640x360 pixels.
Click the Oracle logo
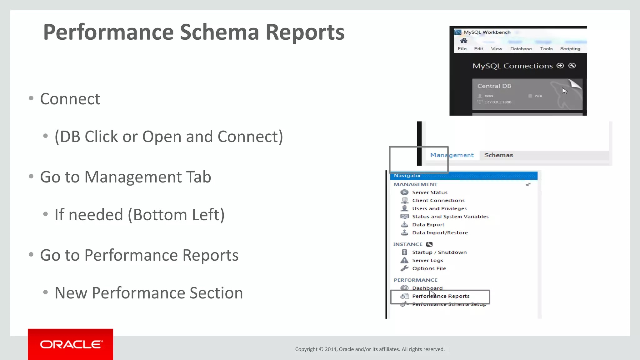(x=71, y=344)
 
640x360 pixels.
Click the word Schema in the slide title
(x=219, y=32)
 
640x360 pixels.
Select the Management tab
(x=452, y=155)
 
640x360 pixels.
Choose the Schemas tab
(x=498, y=155)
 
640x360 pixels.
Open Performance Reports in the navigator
(x=440, y=296)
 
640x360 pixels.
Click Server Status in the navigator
(x=429, y=192)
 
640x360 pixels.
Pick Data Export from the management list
(x=428, y=225)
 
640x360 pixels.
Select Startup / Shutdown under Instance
(x=439, y=252)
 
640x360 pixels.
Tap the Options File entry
(x=429, y=268)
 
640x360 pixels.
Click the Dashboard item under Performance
(x=427, y=288)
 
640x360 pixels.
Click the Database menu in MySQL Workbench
(x=521, y=49)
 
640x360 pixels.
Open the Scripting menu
(x=570, y=49)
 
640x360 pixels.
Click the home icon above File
(x=463, y=41)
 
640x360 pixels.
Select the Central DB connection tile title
(x=494, y=86)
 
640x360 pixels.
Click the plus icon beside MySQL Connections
(x=560, y=66)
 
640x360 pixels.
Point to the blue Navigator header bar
(x=464, y=176)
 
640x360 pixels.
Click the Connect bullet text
(x=70, y=99)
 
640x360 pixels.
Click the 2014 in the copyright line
(x=330, y=349)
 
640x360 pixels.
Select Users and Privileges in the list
(x=439, y=208)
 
